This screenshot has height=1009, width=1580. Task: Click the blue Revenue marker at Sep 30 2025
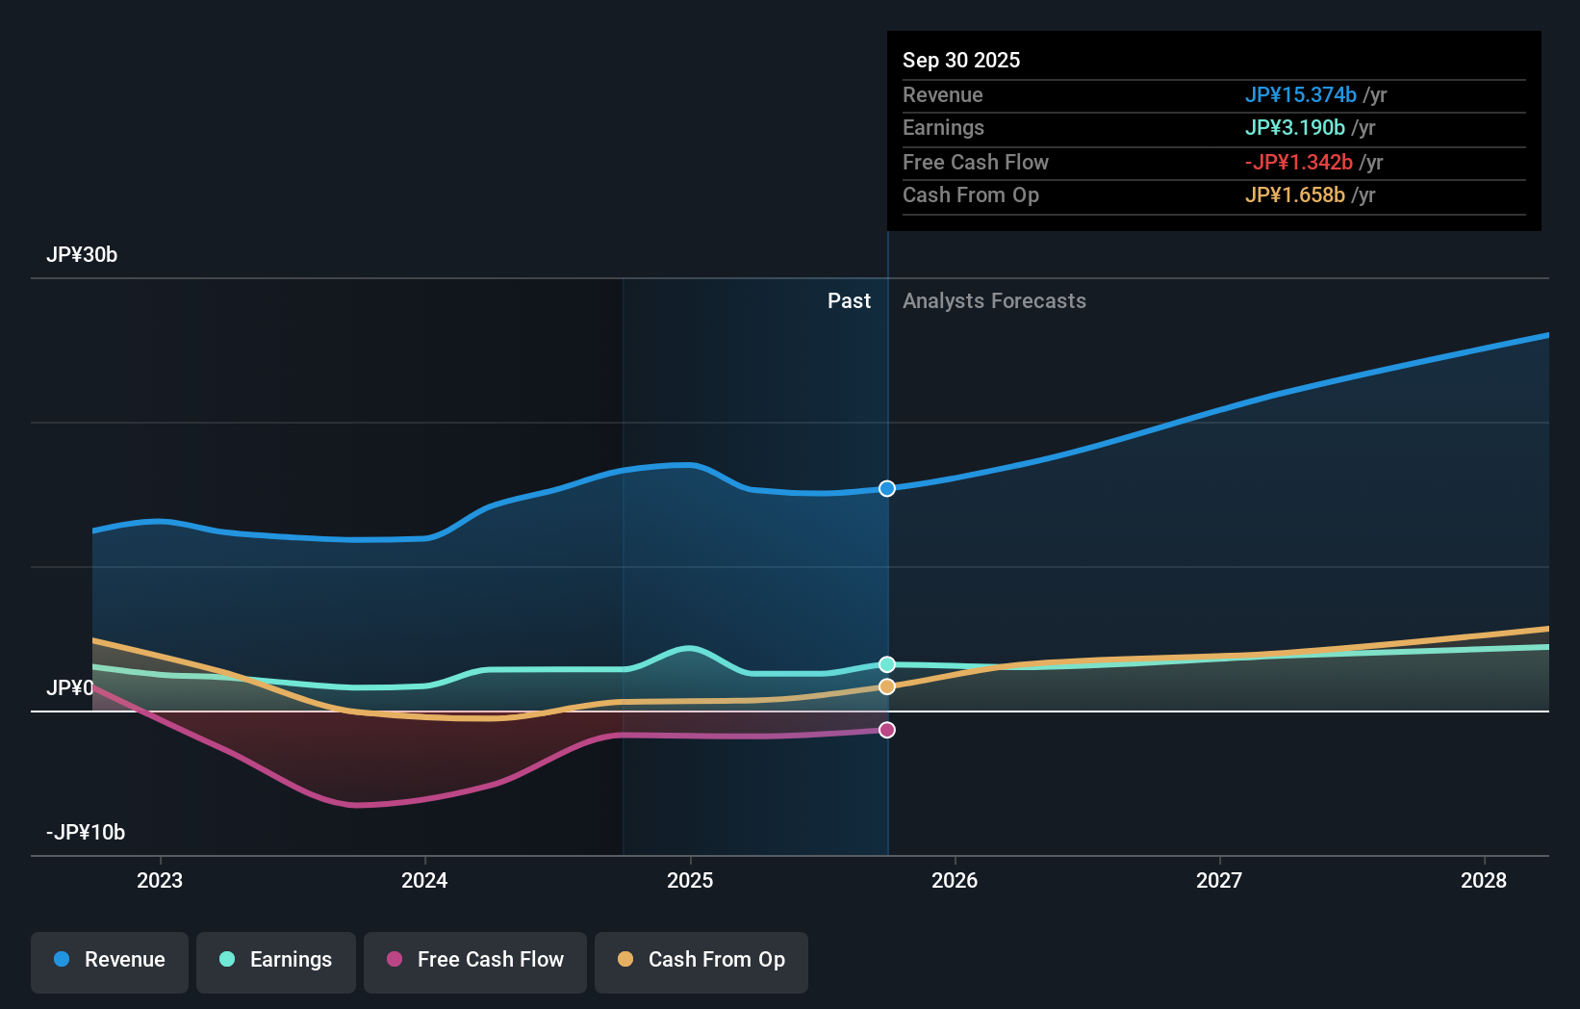[887, 489]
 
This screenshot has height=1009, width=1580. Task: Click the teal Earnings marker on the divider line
[887, 664]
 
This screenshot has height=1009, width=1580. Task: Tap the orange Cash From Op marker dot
[887, 686]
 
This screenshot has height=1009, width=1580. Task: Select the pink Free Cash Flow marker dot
[887, 730]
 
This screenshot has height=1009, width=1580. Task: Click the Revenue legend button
[110, 960]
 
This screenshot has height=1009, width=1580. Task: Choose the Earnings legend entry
[276, 960]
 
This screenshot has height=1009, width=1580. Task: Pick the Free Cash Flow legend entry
[475, 960]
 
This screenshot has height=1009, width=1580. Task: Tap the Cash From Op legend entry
[701, 960]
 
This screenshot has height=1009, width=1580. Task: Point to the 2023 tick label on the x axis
[160, 880]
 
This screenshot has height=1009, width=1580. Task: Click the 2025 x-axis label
[690, 880]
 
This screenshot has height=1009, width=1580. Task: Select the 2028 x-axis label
[1484, 880]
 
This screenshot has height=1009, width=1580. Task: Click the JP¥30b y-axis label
[82, 255]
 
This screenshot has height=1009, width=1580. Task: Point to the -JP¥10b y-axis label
[86, 833]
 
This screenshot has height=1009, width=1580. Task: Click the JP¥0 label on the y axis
[70, 688]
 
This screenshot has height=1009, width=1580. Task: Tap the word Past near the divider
[849, 301]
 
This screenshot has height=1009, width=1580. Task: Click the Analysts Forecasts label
[994, 301]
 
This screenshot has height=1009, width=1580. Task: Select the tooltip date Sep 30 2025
[961, 60]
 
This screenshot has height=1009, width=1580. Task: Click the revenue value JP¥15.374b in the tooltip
[1300, 95]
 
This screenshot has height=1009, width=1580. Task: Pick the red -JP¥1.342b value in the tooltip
[1298, 163]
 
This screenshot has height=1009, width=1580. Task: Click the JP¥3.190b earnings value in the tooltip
[1294, 128]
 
